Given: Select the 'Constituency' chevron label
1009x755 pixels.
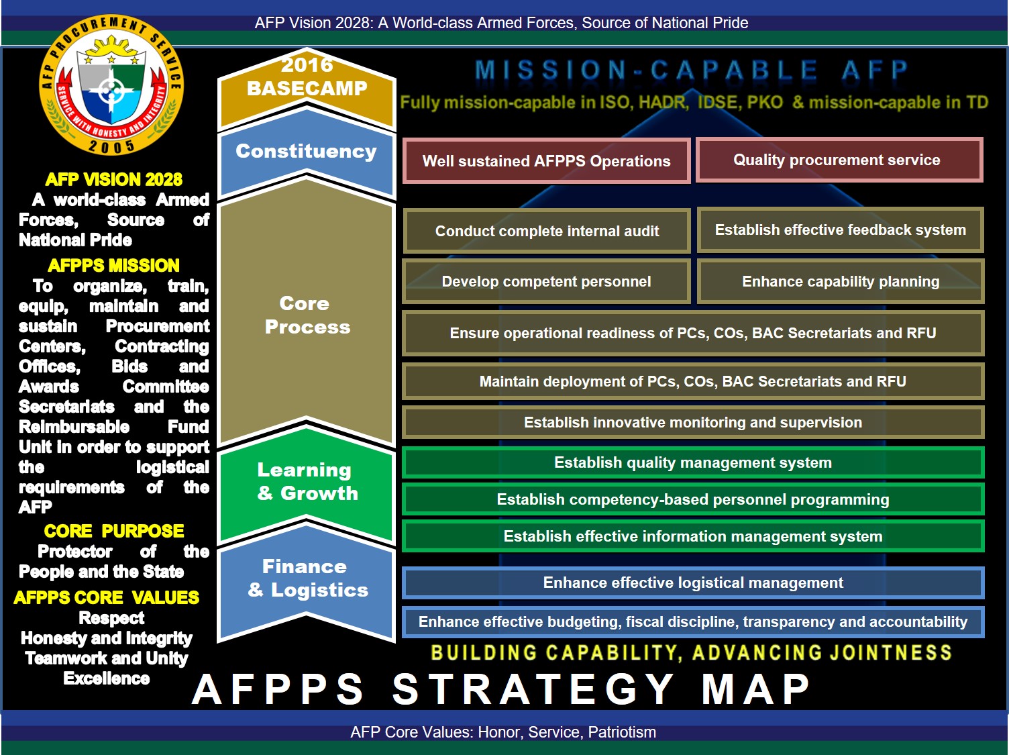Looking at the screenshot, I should point(306,152).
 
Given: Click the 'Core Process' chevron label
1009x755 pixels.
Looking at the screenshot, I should point(307,315).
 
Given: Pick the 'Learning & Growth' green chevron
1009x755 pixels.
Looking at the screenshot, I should point(307,482).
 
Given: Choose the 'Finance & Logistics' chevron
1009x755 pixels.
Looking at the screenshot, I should point(307,578).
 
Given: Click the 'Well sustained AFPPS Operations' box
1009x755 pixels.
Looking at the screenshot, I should point(546,161).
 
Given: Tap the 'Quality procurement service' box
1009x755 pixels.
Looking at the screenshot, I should point(839,160).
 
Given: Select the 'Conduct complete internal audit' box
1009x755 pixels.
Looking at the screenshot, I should point(546,231).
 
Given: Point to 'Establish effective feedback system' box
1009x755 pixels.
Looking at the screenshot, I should point(840,230).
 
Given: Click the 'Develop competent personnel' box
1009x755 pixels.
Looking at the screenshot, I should point(546,282).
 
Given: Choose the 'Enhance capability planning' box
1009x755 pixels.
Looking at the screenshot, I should point(840,282).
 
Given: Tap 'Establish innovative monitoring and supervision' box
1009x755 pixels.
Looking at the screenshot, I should point(692,423).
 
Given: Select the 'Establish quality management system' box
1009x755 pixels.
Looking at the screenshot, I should point(692,463).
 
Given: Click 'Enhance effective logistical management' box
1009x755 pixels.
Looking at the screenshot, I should point(692,583).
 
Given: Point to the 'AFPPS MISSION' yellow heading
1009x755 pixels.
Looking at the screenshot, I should point(114,266).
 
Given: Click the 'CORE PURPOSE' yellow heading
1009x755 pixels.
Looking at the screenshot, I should point(114,532).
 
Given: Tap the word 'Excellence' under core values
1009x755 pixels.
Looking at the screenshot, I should point(107,678).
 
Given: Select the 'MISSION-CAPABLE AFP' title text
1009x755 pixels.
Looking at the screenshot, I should point(691,70).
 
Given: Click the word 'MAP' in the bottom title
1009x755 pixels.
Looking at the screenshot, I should point(756,689).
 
